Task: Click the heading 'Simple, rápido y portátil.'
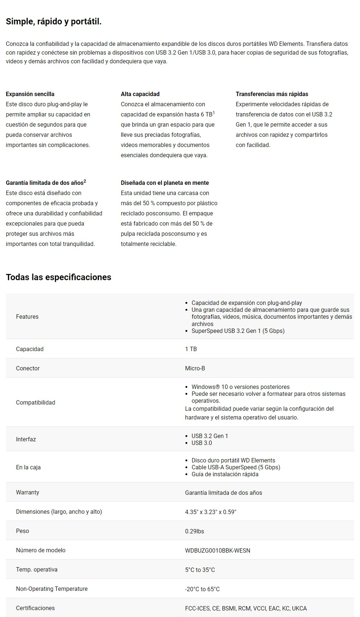[x=53, y=22]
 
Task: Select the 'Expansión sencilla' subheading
[x=30, y=94]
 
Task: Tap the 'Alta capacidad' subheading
[x=140, y=94]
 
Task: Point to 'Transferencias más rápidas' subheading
[x=272, y=94]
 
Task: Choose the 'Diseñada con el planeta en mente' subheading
[x=165, y=183]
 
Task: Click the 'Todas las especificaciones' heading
[x=59, y=277]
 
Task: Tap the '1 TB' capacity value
[x=191, y=349]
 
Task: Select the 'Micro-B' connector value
[x=195, y=368]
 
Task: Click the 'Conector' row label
[x=28, y=368]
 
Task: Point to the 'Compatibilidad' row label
[x=36, y=402]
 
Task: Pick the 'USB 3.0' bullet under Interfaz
[x=202, y=443]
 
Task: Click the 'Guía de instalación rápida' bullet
[x=225, y=474]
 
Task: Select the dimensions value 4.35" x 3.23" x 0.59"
[x=211, y=512]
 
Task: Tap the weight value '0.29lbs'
[x=195, y=531]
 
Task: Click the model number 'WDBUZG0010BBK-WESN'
[x=217, y=550]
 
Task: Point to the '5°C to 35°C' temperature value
[x=200, y=570]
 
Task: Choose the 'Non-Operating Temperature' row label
[x=52, y=589]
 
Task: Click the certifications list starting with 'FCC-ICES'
[x=246, y=608]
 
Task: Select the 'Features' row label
[x=27, y=317]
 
